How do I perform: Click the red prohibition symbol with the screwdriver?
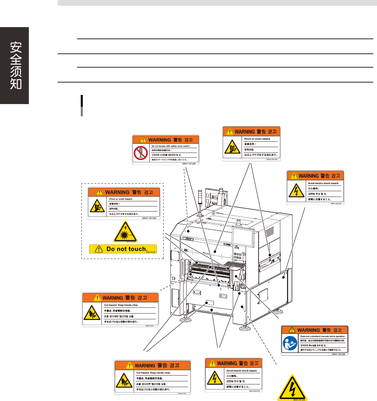pyautogui.click(x=140, y=153)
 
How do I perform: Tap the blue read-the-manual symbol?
pyautogui.click(x=290, y=344)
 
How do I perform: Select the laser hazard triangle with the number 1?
pyautogui.click(x=125, y=232)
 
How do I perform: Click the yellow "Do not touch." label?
pyautogui.click(x=123, y=249)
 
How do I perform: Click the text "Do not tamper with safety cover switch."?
pyautogui.click(x=171, y=146)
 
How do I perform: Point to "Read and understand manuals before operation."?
pyautogui.click(x=322, y=336)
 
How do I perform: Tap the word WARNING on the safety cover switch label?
pyautogui.click(x=159, y=140)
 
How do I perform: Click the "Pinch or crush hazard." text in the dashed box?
pyautogui.click(x=121, y=199)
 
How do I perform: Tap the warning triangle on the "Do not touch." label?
pyautogui.click(x=98, y=249)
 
